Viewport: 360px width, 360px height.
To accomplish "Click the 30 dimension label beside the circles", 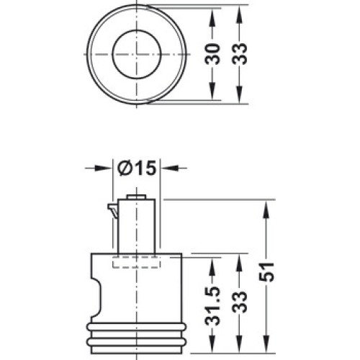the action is tap(212, 54).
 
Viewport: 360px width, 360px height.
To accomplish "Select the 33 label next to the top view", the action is tap(240, 54).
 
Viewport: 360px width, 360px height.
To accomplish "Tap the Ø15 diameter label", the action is tap(137, 168).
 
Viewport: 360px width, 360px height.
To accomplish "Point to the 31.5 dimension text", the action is tap(212, 305).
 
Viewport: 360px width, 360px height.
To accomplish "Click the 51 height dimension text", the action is tap(266, 272).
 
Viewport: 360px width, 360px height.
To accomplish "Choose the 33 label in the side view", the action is tap(240, 302).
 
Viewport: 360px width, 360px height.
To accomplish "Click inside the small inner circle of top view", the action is tap(136, 55).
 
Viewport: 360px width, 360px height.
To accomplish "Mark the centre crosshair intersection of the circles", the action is tap(136, 54).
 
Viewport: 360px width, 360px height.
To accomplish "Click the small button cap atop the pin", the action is tap(136, 197).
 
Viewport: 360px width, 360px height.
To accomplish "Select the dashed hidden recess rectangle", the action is tap(136, 262).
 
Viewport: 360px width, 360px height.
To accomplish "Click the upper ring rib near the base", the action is tap(136, 327).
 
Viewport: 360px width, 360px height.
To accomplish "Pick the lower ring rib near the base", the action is tap(136, 341).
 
